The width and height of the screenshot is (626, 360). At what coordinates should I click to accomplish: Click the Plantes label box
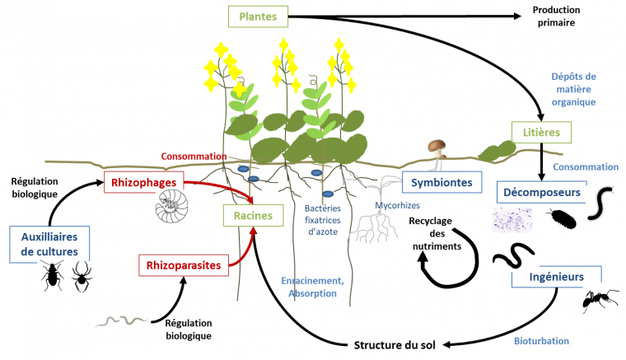(259, 16)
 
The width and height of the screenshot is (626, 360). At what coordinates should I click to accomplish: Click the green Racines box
(253, 216)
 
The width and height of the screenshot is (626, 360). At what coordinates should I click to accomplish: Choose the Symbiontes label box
(442, 182)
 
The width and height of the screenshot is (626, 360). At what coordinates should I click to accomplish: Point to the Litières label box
(541, 133)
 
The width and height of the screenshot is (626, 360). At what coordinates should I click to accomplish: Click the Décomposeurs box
(540, 193)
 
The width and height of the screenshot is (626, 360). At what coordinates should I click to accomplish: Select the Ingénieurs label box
(557, 277)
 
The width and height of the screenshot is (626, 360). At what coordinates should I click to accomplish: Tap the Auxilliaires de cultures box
(49, 245)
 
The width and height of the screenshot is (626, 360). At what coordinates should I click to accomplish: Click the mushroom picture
(437, 150)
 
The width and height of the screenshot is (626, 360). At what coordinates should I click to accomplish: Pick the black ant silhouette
(600, 302)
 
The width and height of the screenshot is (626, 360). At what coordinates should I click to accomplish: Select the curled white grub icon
(171, 206)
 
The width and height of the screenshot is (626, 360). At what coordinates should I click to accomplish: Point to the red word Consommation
(194, 156)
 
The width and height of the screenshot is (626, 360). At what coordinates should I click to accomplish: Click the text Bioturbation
(541, 340)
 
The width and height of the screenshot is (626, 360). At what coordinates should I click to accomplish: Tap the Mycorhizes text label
(397, 206)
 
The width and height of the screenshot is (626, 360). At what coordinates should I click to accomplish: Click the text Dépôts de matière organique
(573, 89)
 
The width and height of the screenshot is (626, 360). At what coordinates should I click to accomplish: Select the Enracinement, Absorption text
(312, 287)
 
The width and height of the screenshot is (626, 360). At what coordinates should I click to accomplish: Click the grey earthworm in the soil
(121, 320)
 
